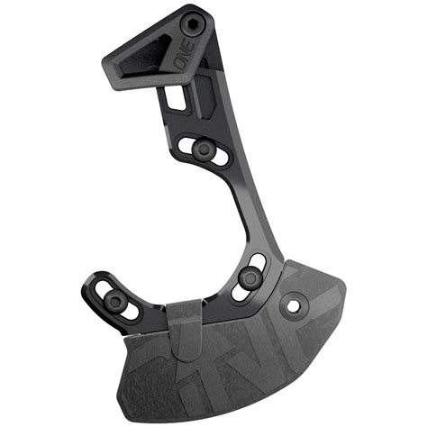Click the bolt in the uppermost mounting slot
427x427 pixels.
pyautogui.click(x=205, y=147)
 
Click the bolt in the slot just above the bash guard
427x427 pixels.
pyautogui.click(x=249, y=277)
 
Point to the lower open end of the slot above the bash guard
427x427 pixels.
pyautogui.click(x=239, y=293)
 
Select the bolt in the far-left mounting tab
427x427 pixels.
pyautogui.click(x=115, y=300)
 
